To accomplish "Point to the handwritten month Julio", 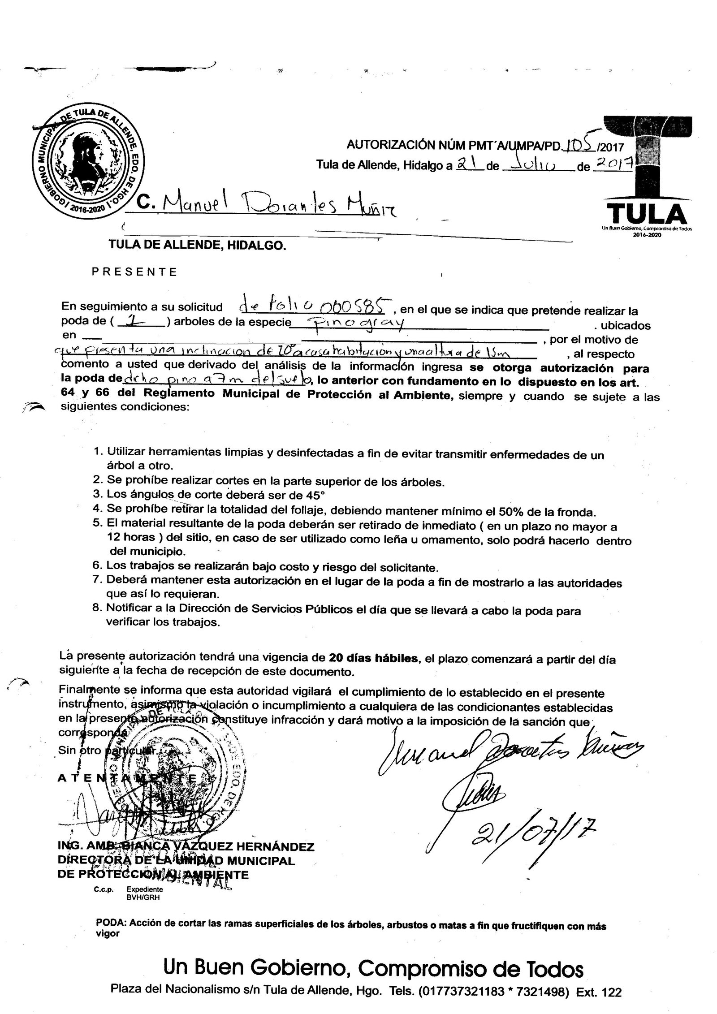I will (x=532, y=166).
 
